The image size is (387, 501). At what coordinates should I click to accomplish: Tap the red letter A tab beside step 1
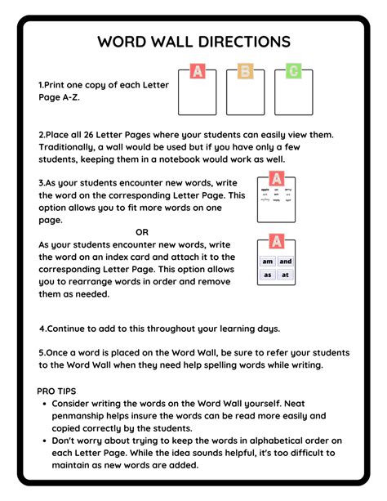point(198,72)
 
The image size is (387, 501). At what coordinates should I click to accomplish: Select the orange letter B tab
point(245,72)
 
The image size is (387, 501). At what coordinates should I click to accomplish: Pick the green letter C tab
point(293,72)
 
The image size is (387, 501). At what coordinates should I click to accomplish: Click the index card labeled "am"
point(268,262)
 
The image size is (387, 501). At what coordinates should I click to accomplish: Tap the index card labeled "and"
point(285,262)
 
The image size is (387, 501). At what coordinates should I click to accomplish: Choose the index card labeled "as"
point(268,276)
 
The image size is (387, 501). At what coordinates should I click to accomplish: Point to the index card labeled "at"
point(285,276)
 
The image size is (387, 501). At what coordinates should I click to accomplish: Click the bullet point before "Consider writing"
point(43,404)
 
